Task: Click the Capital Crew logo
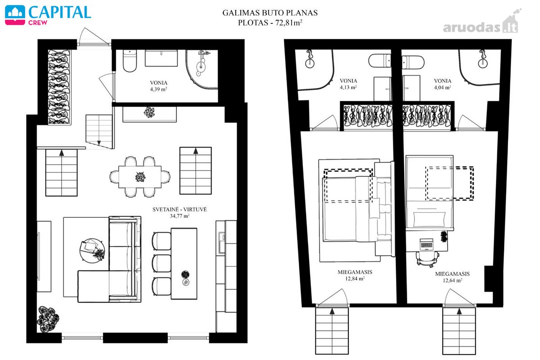coord(48,15)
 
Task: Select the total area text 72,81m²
coord(288,22)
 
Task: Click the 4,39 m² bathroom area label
coord(158,89)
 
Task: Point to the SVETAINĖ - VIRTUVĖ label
coord(180,209)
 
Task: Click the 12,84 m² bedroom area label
coord(355,279)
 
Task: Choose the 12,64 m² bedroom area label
coord(452,280)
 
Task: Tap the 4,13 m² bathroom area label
coord(348,87)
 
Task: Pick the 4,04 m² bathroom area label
coord(442,87)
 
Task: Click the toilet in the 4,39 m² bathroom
coord(130,61)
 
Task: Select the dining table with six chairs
coord(140,177)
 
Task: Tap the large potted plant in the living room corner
coord(48,319)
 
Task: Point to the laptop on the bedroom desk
coord(427,244)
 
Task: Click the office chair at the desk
coord(427,260)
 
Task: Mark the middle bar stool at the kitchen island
coord(162,263)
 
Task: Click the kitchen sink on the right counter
coord(221,243)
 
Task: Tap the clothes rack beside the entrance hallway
coord(59,87)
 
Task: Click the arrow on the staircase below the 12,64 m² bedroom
coord(459,311)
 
